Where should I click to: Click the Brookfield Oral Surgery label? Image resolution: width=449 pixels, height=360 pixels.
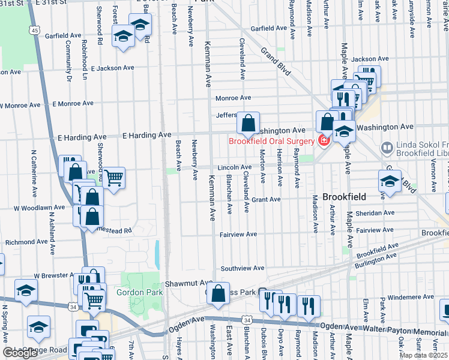click(270, 141)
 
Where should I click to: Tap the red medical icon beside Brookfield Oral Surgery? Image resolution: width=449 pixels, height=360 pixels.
click(324, 141)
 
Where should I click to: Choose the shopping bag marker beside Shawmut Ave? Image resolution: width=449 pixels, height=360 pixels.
click(218, 294)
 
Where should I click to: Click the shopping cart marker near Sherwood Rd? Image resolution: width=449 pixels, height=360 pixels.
click(113, 177)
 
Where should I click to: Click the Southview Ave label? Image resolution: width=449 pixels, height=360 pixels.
click(243, 268)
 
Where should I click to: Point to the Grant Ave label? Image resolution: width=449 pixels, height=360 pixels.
click(266, 199)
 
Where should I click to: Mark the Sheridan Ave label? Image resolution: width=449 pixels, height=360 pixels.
click(375, 213)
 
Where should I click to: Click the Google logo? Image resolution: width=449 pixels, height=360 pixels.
click(20, 353)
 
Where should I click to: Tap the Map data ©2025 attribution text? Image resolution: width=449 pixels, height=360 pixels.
click(423, 355)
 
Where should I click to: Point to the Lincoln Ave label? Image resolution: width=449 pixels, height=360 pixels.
click(235, 167)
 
